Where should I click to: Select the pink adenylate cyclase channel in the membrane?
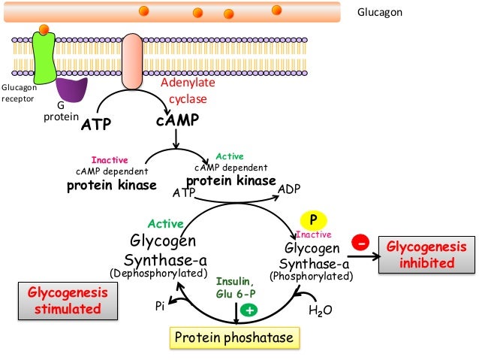pos(134,60)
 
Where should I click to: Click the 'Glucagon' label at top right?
pos(379,13)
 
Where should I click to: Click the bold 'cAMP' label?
pos(177,120)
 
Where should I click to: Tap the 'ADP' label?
pos(290,189)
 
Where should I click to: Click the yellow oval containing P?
pos(315,219)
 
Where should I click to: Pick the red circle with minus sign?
pos(362,244)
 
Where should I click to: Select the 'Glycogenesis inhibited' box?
pos(426,256)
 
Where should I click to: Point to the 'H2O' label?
pos(321,309)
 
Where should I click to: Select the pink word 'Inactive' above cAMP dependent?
pos(109,160)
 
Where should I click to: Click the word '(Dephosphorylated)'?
pos(158,273)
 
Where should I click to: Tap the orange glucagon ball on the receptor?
pos(44,30)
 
